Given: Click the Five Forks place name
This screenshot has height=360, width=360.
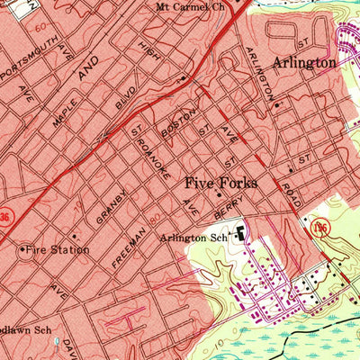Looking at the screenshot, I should [x=220, y=183].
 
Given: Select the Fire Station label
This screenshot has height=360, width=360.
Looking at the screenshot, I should [x=58, y=249].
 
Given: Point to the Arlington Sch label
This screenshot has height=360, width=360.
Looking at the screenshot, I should [x=192, y=238].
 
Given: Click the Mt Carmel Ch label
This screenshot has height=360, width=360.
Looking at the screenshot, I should [x=190, y=6].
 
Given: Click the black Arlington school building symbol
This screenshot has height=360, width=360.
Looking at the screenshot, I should [x=240, y=236].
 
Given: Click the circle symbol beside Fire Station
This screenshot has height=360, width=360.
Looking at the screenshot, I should [x=21, y=249].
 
